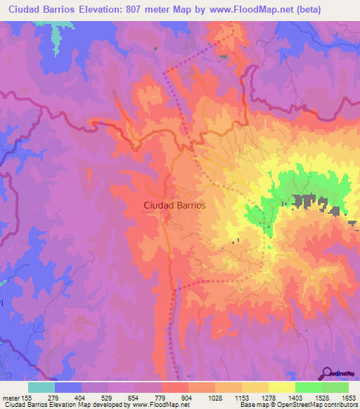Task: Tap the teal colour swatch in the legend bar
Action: click(x=41, y=387)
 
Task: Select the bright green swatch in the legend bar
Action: click(x=308, y=387)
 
